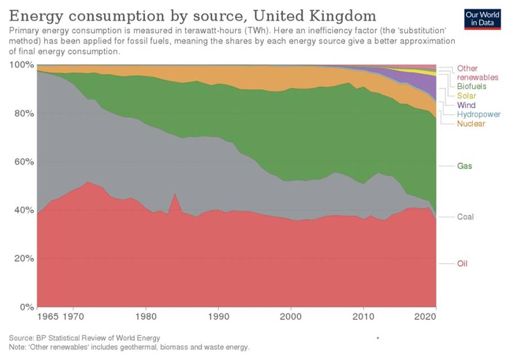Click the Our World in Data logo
pos(482,19)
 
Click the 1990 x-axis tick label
pos(218,317)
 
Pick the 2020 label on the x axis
pos(424,317)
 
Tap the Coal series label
pos(466,217)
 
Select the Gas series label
pos(464,166)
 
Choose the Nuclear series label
pos(471,123)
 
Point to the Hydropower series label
pos(478,114)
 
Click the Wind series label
pos(466,105)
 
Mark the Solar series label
pos(466,96)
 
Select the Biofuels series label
pos(472,87)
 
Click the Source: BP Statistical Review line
pos(84,337)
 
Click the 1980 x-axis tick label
pos(146,317)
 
